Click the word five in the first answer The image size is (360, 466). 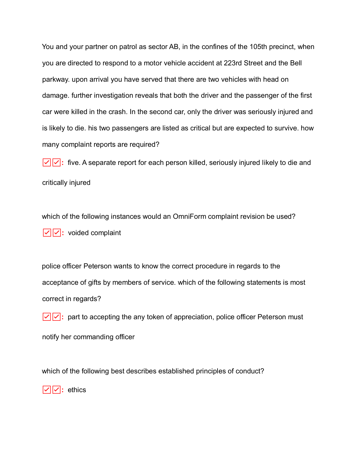tap(74, 163)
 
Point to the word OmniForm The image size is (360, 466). tap(189, 217)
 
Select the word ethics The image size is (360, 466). tap(77, 390)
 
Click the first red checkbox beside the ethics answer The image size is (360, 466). tap(47, 390)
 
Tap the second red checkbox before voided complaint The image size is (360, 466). tap(57, 233)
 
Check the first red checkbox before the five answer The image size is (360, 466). tap(47, 162)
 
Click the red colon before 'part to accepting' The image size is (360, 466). tap(63, 317)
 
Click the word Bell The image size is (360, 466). tap(296, 63)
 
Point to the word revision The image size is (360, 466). tap(252, 217)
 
